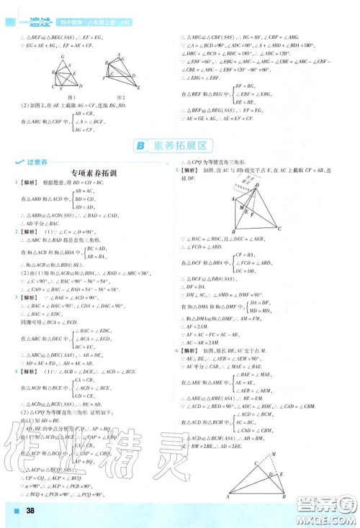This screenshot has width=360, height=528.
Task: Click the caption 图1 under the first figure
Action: pyautogui.click(x=71, y=97)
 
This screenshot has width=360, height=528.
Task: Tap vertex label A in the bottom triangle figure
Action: pyautogui.click(x=228, y=497)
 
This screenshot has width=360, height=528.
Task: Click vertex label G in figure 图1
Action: pyautogui.click(x=63, y=56)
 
